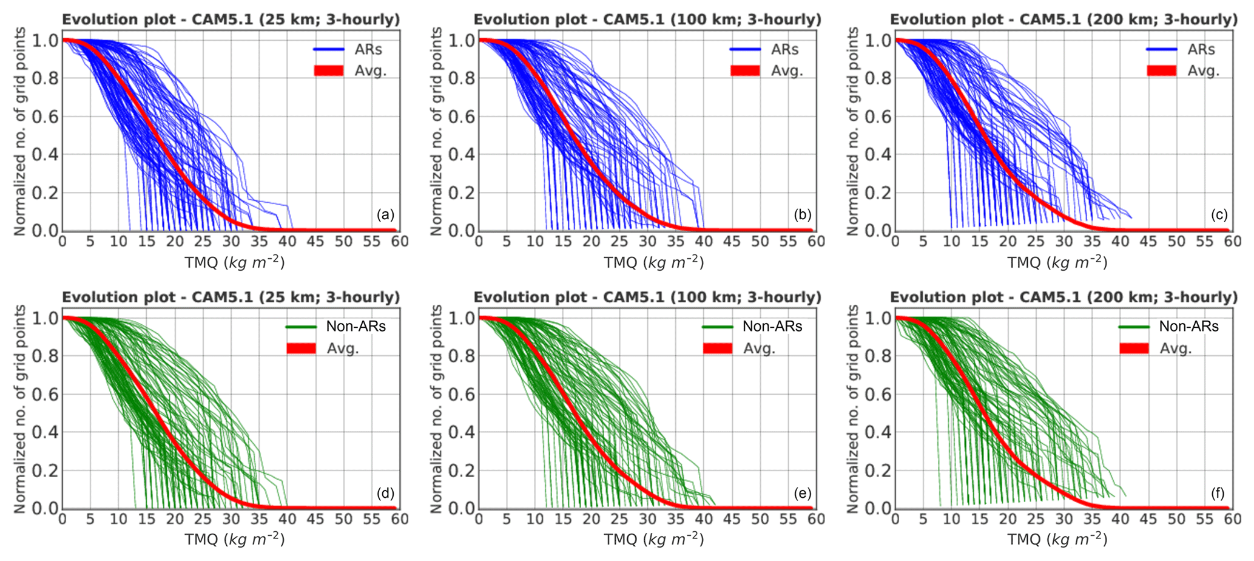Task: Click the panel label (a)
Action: pyautogui.click(x=385, y=214)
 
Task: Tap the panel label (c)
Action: pyautogui.click(x=1218, y=214)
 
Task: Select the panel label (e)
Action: pyautogui.click(x=802, y=492)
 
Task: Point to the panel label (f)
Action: pyautogui.click(x=1218, y=492)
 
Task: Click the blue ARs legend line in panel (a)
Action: pyautogui.click(x=328, y=49)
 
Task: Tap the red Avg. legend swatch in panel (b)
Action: pyautogui.click(x=745, y=70)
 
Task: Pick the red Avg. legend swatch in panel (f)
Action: pyautogui.click(x=1133, y=348)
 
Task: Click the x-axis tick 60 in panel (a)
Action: pyautogui.click(x=400, y=242)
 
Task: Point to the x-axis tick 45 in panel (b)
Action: pyautogui.click(x=732, y=242)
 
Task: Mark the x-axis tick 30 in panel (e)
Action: pyautogui.click(x=647, y=519)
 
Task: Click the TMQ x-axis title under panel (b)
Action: pyautogui.click(x=653, y=262)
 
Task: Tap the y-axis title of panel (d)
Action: pyautogui.click(x=20, y=409)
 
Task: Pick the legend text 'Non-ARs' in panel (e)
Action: pyautogui.click(x=772, y=327)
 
